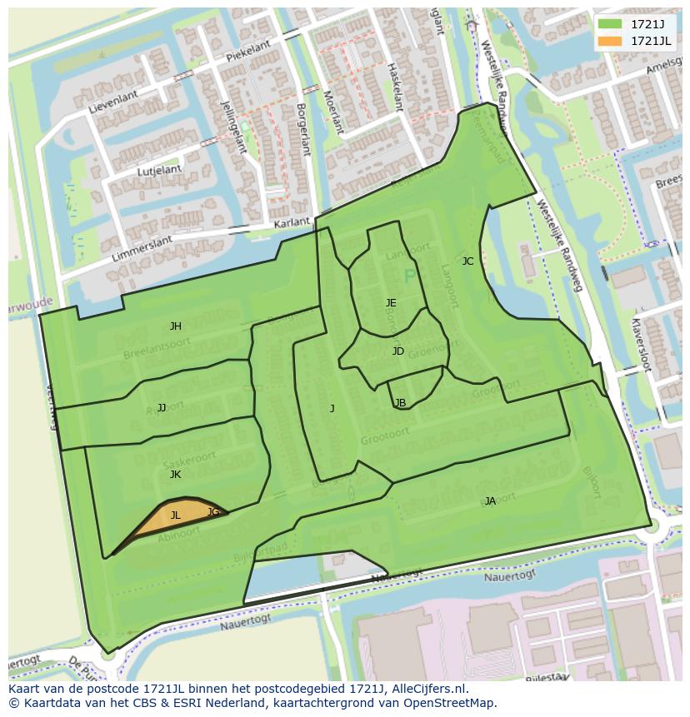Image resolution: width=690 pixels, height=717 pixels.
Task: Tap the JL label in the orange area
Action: pyautogui.click(x=175, y=515)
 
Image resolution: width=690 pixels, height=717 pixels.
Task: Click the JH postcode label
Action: pyautogui.click(x=175, y=326)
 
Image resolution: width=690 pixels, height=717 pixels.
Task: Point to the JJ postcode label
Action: pyautogui.click(x=162, y=408)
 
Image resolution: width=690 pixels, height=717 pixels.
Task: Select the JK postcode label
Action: pyautogui.click(x=175, y=475)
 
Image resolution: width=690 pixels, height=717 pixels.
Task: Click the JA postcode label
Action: pyautogui.click(x=490, y=501)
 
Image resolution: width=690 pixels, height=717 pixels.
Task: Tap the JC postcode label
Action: pyautogui.click(x=467, y=261)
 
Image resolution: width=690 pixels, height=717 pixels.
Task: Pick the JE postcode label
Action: pyautogui.click(x=391, y=303)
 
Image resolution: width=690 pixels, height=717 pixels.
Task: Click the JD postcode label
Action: pyautogui.click(x=397, y=351)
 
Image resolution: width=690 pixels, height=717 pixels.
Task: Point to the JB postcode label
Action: pyautogui.click(x=400, y=403)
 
